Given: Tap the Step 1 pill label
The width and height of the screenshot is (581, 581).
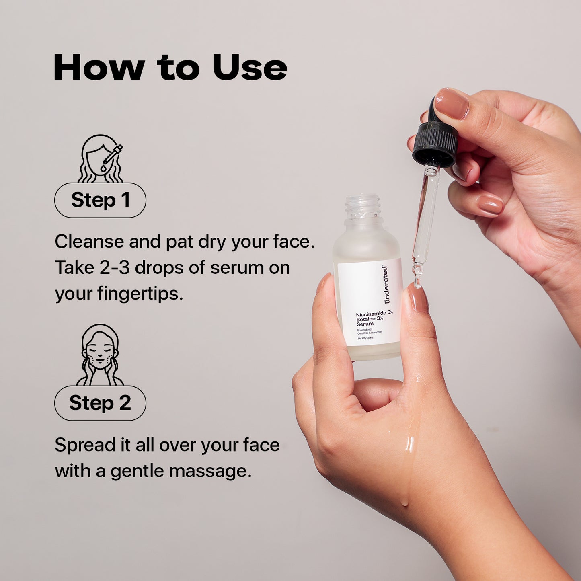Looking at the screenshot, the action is (x=100, y=200).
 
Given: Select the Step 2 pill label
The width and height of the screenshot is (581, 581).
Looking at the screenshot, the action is (x=100, y=403).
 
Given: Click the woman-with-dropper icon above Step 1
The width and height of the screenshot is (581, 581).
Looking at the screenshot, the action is (x=101, y=159).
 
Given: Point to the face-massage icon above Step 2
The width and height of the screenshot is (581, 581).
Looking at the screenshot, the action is (x=100, y=355).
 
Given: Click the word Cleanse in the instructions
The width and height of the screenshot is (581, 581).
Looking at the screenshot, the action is (x=90, y=242).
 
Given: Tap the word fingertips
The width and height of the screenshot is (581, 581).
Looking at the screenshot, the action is (x=140, y=294).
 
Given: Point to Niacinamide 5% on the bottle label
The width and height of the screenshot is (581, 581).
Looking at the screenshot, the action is (x=374, y=314).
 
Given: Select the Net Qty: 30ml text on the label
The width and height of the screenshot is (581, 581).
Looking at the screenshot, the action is (x=365, y=338).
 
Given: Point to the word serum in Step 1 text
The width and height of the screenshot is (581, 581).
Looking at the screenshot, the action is (x=237, y=268).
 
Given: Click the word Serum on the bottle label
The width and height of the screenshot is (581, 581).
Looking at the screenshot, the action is (x=365, y=324).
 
